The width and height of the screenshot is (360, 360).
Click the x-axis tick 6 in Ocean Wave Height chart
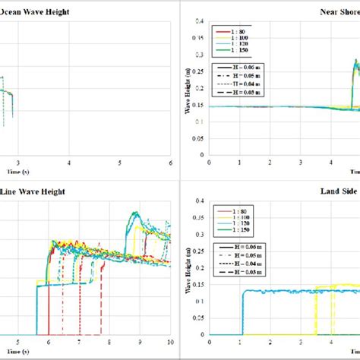tap(171, 163)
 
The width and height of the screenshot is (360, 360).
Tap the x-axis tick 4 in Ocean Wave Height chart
tap(69, 163)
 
